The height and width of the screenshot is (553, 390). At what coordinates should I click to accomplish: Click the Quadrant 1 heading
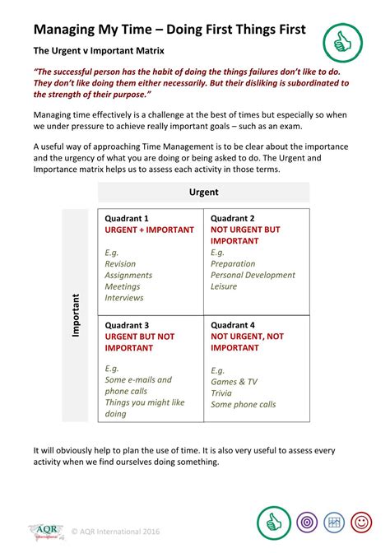pos(127,218)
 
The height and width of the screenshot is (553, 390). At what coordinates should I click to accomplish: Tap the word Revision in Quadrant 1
pos(120,264)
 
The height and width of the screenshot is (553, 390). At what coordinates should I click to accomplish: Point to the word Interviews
pos(124,298)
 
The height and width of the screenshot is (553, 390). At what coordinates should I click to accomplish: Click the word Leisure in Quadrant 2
pos(224,286)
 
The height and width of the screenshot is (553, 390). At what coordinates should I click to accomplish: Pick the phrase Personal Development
pos(253,275)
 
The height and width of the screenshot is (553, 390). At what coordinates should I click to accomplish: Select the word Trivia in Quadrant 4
pos(222,393)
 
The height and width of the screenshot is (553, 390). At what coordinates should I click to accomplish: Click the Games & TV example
pos(234,382)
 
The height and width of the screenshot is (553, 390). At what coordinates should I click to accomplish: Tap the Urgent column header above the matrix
pos(203,193)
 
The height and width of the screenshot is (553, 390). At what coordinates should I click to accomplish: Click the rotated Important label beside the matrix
pos(76,314)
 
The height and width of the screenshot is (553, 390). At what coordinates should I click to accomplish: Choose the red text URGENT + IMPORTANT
pos(150,230)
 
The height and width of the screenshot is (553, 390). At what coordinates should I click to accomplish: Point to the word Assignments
pos(128,276)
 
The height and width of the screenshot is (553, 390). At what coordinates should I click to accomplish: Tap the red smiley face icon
pos(360,522)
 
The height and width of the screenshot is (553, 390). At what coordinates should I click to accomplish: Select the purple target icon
pos(306,522)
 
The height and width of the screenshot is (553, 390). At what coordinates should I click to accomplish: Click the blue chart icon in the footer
pos(333,522)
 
